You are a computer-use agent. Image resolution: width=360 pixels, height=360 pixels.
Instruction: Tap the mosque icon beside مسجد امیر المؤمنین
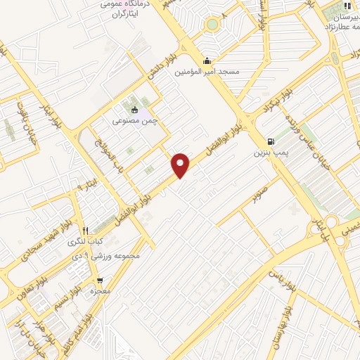pos(206,60)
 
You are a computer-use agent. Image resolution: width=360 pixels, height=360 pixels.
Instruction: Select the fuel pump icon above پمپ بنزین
pos(271,140)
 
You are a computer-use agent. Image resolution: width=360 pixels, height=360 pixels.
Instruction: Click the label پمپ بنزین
pos(271,151)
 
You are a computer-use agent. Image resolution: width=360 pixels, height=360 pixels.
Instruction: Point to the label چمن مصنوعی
pos(131,120)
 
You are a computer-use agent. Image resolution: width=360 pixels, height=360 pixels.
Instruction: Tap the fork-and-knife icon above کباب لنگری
pos(86,231)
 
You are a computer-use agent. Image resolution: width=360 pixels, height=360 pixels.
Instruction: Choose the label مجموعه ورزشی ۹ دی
pos(111,255)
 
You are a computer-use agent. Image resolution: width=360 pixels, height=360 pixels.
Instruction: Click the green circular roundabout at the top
pos(212,25)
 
